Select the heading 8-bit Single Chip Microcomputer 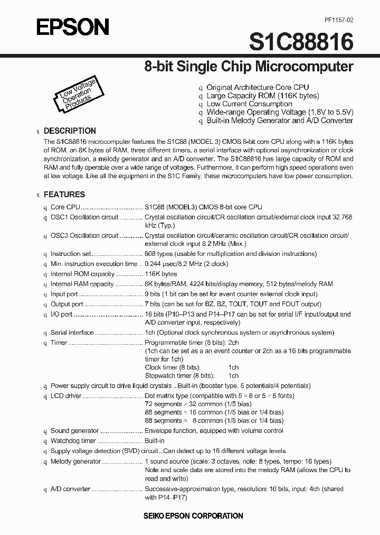(x=249, y=67)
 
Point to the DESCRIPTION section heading (x=70, y=131)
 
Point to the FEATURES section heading (x=64, y=195)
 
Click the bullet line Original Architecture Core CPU (x=258, y=87)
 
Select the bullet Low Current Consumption (x=249, y=104)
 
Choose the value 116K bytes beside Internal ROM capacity (x=161, y=274)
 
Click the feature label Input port (x=64, y=294)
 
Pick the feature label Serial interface (x=72, y=333)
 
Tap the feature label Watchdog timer (x=73, y=441)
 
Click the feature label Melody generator (x=75, y=462)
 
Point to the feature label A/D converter (x=70, y=489)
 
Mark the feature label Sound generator (x=74, y=431)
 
